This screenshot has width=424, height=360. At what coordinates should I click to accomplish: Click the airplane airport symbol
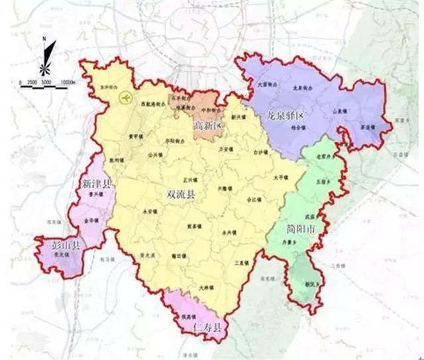(122, 99)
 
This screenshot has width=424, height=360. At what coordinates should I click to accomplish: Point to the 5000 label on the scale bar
(47, 81)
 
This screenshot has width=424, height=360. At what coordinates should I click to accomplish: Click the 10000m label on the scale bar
(69, 81)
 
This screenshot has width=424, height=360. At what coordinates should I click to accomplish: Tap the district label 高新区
(206, 125)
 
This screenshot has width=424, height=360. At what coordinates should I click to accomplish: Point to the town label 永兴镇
(229, 232)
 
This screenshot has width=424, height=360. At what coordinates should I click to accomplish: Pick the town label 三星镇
(240, 263)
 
